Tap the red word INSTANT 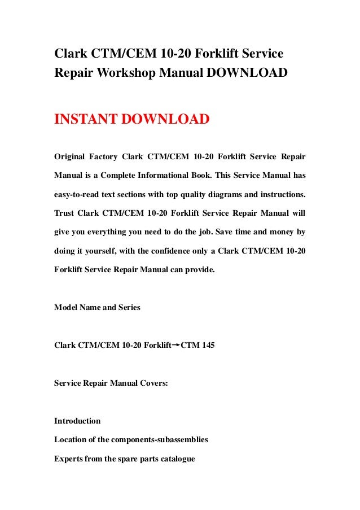point(86,120)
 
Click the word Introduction point(77,421)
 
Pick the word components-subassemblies point(163,440)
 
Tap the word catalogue point(175,459)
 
